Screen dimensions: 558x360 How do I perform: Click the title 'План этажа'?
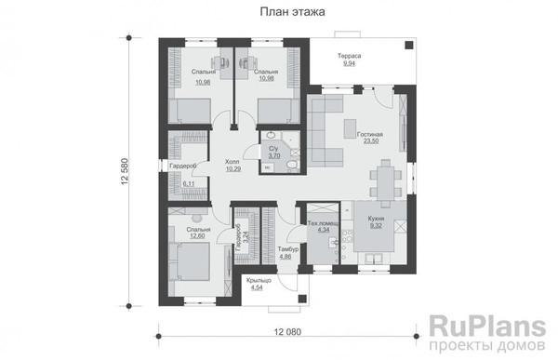pyautogui.click(x=292, y=12)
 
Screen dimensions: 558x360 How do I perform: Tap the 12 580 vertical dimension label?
pyautogui.click(x=125, y=171)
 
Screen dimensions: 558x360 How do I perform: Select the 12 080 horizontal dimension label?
pyautogui.click(x=287, y=332)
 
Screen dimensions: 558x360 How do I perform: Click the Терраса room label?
pyautogui.click(x=349, y=56)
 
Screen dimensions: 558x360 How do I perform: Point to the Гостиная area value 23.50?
pyautogui.click(x=371, y=141)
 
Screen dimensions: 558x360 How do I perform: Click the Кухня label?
pyautogui.click(x=376, y=219)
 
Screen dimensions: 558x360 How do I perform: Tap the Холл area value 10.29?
pyautogui.click(x=233, y=169)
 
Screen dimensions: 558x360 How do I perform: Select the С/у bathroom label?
pyautogui.click(x=272, y=148)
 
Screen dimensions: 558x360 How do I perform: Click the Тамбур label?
pyautogui.click(x=288, y=249)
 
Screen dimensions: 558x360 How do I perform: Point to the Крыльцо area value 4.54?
pyautogui.click(x=257, y=287)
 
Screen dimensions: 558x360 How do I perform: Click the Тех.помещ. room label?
pyautogui.click(x=323, y=223)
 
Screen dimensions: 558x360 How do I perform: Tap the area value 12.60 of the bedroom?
pyautogui.click(x=197, y=235)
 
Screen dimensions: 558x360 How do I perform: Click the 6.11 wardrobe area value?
pyautogui.click(x=188, y=184)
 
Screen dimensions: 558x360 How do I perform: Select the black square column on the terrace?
pyautogui.click(x=409, y=45)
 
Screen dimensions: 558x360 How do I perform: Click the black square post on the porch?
pyautogui.click(x=302, y=299)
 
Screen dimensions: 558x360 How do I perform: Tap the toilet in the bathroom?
pyautogui.click(x=291, y=165)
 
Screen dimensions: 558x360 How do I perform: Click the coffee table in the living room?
pyautogui.click(x=350, y=128)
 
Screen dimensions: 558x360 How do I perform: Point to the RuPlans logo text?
pyautogui.click(x=487, y=327)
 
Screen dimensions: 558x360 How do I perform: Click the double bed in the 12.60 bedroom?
pyautogui.click(x=190, y=261)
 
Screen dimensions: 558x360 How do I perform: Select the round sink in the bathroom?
pyautogui.click(x=272, y=135)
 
